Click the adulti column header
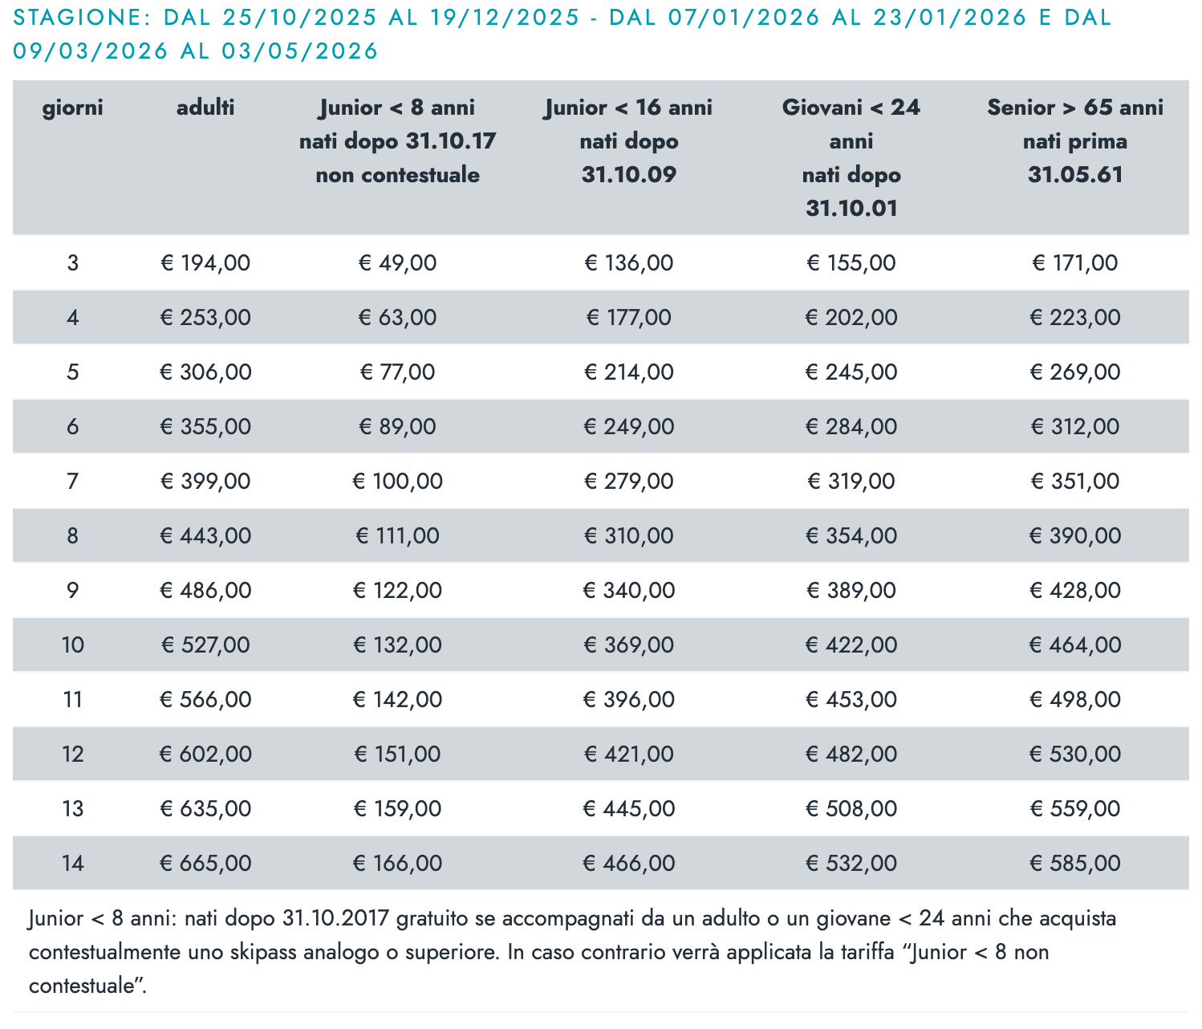(205, 108)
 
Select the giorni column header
(73, 108)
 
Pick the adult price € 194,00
(205, 263)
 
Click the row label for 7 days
(73, 482)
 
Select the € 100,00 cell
(398, 482)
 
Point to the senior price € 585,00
(1075, 864)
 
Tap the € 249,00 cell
(629, 427)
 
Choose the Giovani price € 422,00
(851, 645)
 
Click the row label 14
(73, 864)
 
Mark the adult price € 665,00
(205, 864)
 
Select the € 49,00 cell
(398, 263)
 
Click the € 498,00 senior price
(1075, 700)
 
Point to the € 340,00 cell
(629, 591)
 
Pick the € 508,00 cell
(851, 809)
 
